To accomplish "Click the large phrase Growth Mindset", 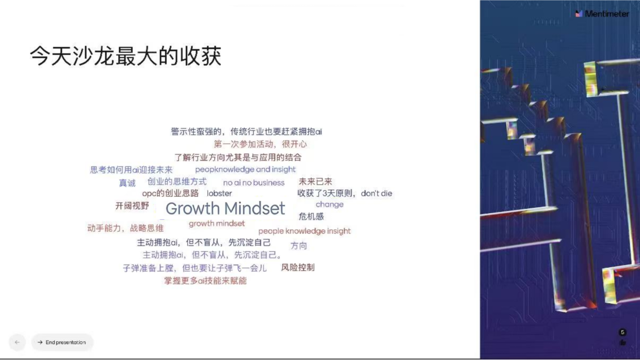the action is click(225, 208).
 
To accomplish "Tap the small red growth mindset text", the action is click(216, 224).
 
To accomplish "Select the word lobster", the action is click(219, 194).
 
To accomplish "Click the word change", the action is click(330, 204).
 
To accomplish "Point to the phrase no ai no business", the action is click(254, 182).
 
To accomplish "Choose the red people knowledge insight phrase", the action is click(304, 231).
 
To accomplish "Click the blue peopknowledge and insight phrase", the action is click(245, 170).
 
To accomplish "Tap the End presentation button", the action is click(62, 342).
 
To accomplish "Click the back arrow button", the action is click(17, 342).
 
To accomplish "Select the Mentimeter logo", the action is click(602, 14).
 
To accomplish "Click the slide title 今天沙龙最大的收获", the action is click(126, 56).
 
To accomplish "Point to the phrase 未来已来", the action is click(315, 182).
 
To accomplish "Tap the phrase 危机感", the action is click(311, 216).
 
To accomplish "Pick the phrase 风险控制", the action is click(298, 268).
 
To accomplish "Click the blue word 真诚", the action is click(127, 183).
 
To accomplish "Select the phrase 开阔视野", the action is click(132, 206).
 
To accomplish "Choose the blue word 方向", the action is click(298, 246).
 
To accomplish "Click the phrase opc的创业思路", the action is click(170, 194).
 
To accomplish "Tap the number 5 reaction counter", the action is click(622, 332).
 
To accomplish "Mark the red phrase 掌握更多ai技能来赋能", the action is click(205, 281).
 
